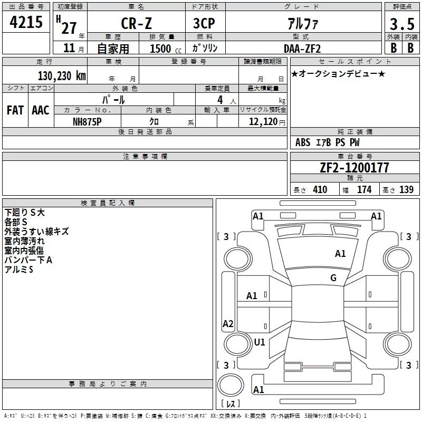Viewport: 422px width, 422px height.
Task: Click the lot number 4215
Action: [26, 22]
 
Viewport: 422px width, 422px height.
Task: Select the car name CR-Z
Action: [136, 23]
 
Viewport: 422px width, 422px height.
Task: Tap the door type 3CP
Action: [204, 23]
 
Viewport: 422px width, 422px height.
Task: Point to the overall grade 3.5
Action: [402, 24]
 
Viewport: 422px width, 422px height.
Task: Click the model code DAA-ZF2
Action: [302, 49]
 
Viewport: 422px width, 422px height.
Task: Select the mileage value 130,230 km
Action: [62, 76]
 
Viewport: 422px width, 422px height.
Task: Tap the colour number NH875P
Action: [87, 122]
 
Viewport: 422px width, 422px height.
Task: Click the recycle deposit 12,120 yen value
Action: [267, 122]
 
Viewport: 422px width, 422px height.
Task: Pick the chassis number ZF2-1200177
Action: [354, 168]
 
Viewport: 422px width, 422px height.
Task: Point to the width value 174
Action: [364, 190]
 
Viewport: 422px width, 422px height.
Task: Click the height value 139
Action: [406, 190]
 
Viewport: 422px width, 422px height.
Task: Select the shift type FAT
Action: [15, 110]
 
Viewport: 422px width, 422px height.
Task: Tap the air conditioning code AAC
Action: [41, 110]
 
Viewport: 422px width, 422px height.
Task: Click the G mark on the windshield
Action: [333, 278]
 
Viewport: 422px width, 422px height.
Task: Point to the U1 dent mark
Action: [260, 342]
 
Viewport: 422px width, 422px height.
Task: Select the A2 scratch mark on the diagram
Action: [228, 323]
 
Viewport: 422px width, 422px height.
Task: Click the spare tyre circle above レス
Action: [231, 385]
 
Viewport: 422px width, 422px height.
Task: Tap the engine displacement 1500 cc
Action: [166, 49]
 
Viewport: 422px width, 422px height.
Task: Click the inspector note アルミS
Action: [18, 270]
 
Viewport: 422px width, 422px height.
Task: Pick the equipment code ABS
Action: [303, 142]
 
